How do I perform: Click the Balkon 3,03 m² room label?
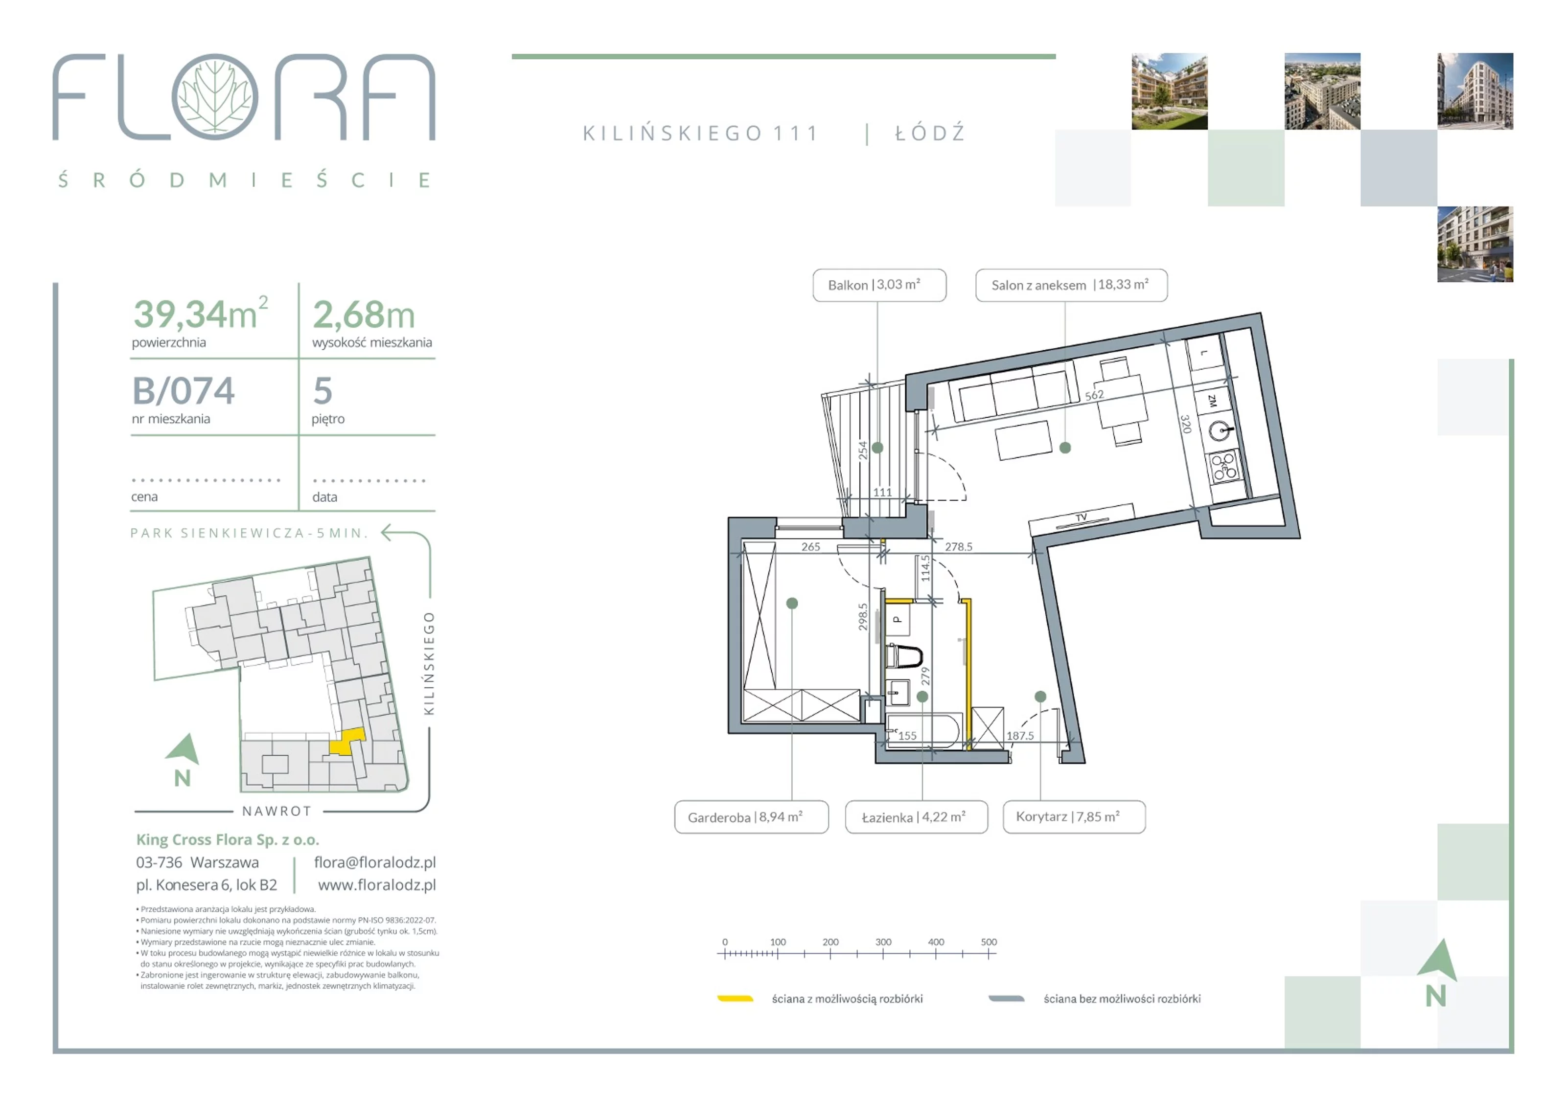click(879, 285)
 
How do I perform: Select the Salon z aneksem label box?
click(1071, 285)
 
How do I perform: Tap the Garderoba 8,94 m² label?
click(751, 817)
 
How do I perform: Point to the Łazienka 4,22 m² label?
click(916, 817)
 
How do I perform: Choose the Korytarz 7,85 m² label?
click(1074, 817)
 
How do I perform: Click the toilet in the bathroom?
click(904, 656)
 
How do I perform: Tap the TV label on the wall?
click(1081, 518)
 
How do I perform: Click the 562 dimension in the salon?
click(1094, 395)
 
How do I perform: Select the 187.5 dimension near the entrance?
click(1020, 736)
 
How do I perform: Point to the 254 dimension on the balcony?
click(863, 450)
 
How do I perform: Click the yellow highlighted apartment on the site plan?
click(348, 741)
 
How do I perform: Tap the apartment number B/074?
click(184, 391)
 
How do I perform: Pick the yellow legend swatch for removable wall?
click(735, 999)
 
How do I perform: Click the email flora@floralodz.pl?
click(375, 862)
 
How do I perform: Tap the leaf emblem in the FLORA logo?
click(215, 97)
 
